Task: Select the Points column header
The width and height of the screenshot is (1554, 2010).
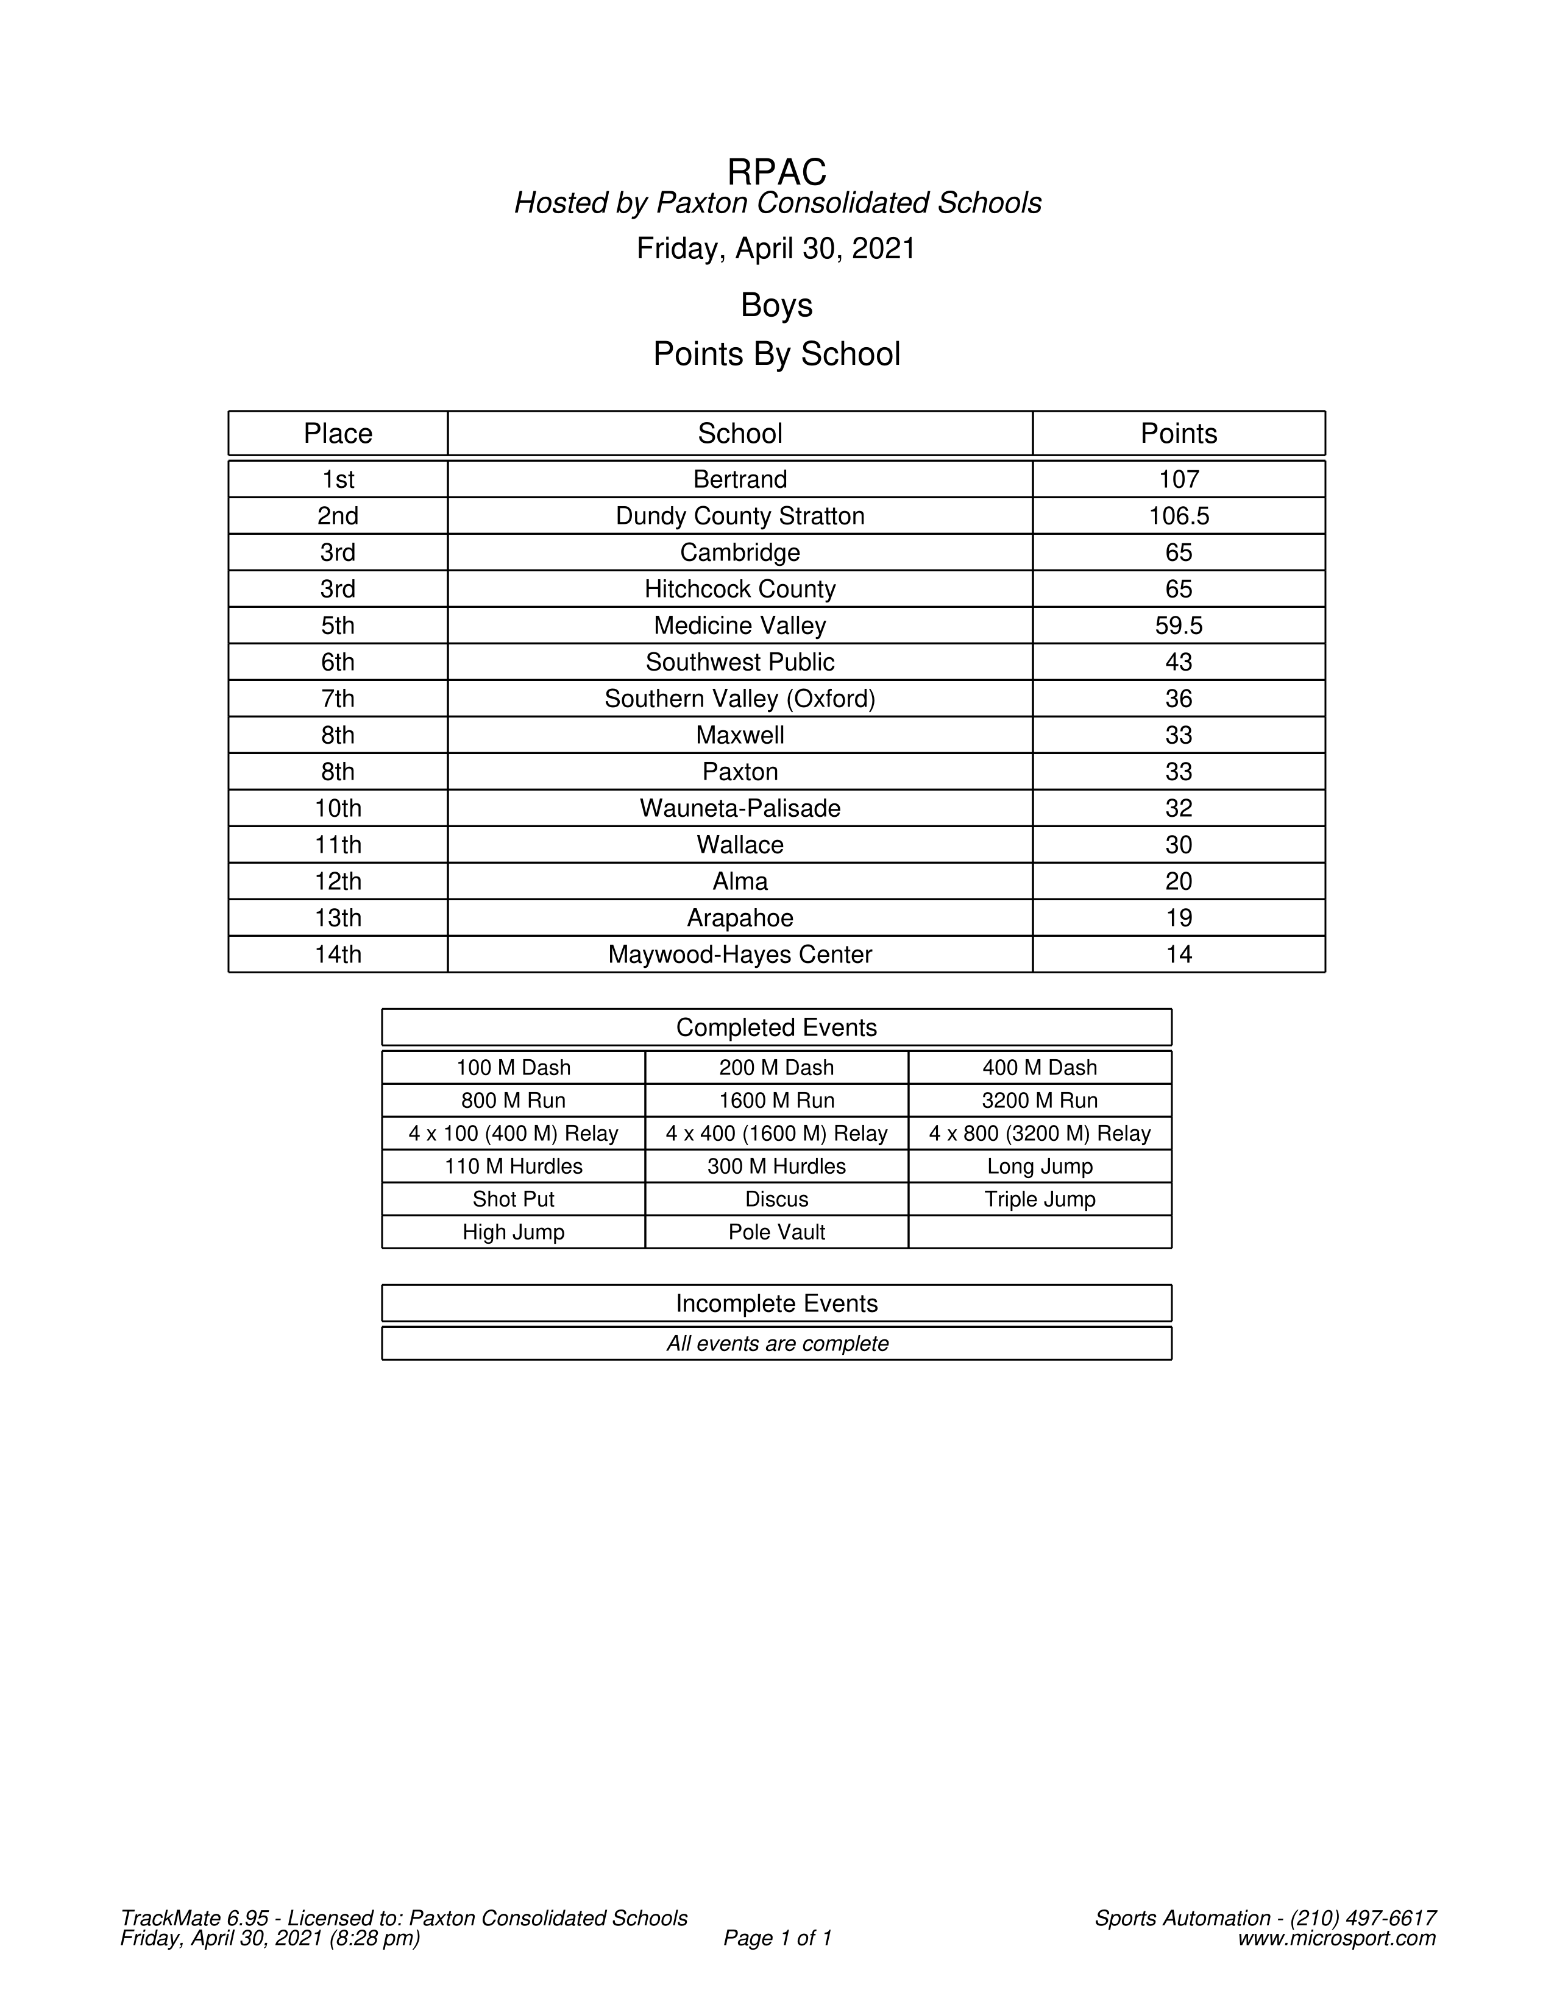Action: (x=1179, y=434)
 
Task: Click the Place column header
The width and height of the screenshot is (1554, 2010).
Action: (x=338, y=434)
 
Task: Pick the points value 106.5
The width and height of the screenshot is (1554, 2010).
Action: (x=1179, y=517)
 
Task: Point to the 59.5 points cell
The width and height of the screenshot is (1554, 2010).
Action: (x=1179, y=626)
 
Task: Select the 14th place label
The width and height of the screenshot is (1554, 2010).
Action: (x=338, y=954)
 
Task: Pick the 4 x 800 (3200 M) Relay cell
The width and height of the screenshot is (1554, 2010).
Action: (x=1040, y=1133)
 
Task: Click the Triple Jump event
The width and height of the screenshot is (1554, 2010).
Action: (x=1040, y=1199)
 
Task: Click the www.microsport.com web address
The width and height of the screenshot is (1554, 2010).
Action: (x=1336, y=1938)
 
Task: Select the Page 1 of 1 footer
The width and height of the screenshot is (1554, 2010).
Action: (x=777, y=1938)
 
